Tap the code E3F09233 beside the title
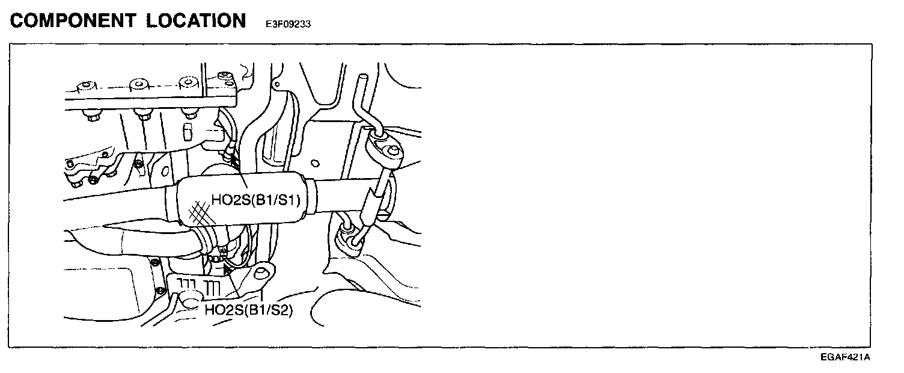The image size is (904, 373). click(x=288, y=25)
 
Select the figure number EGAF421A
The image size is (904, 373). click(x=845, y=357)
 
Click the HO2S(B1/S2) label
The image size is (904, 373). click(x=248, y=311)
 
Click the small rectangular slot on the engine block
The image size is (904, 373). click(x=187, y=130)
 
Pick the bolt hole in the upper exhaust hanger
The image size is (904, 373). click(x=392, y=150)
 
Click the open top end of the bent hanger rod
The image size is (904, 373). click(x=362, y=78)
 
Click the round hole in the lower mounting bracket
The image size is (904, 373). click(x=260, y=274)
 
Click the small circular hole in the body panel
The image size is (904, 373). click(x=314, y=162)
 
